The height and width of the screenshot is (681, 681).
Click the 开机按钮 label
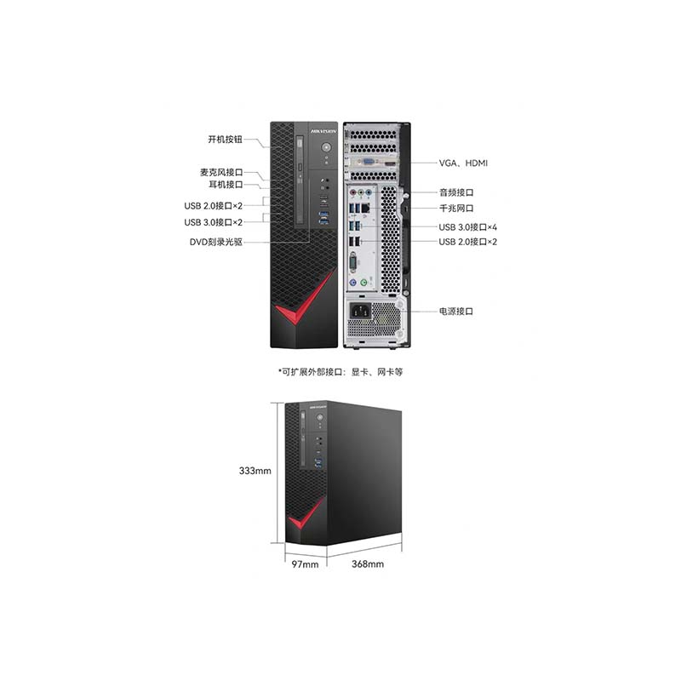tap(225, 140)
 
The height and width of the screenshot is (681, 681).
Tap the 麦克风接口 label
tap(221, 173)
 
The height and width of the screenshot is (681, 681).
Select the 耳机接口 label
tap(226, 185)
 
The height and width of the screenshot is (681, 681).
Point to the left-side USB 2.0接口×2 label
tap(214, 206)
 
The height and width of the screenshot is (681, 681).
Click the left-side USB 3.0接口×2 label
tap(214, 222)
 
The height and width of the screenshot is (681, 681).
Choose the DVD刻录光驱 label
tap(216, 242)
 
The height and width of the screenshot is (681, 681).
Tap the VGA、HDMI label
tap(463, 163)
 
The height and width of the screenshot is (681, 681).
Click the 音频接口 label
tap(456, 192)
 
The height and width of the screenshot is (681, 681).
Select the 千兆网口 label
tap(456, 208)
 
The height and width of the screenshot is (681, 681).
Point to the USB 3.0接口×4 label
tap(467, 227)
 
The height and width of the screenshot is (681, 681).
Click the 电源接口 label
tap(456, 311)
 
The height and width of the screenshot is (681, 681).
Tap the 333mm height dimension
tap(255, 471)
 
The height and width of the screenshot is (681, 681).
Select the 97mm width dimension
tap(305, 564)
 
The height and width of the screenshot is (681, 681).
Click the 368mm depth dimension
tap(368, 564)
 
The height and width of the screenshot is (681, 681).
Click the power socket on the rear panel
tap(360, 311)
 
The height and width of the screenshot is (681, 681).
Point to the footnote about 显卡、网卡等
tap(340, 372)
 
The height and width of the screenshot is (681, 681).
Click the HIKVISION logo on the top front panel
tap(323, 130)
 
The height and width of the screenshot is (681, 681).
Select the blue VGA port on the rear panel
tap(369, 163)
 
